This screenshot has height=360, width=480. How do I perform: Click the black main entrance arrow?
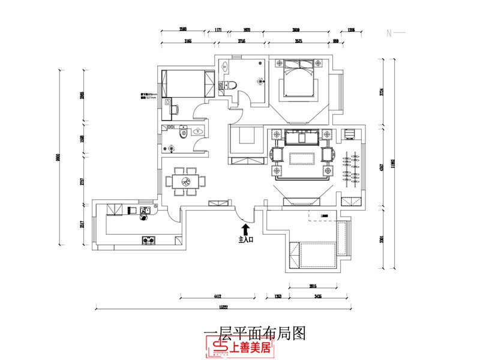(245, 229)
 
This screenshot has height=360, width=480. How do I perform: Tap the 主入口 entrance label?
(247, 239)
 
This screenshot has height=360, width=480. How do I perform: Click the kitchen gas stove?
(148, 241)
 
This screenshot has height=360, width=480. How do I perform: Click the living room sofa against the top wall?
(302, 137)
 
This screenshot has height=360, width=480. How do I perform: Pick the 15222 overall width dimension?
(223, 307)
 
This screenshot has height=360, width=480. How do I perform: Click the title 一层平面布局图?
(255, 334)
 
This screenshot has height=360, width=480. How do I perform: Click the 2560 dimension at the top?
(183, 29)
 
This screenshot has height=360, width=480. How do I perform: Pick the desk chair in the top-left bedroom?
(175, 109)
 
